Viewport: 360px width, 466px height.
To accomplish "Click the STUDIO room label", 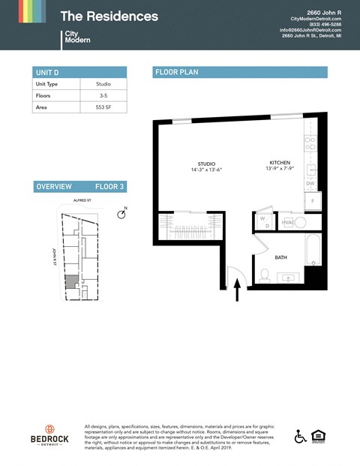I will click(x=206, y=164).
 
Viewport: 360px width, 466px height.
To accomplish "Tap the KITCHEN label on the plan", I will click(x=280, y=163).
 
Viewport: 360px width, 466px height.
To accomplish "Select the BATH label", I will click(x=280, y=257).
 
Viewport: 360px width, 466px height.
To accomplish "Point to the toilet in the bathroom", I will click(x=265, y=275).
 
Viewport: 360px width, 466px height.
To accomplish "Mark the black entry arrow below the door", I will click(x=238, y=290).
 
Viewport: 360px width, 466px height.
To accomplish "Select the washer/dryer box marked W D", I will click(x=263, y=221).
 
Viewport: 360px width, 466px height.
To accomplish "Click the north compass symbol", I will click(x=122, y=215).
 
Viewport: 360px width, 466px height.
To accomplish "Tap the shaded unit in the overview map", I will click(x=70, y=281).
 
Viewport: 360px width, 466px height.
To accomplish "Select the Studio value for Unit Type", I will click(x=103, y=84).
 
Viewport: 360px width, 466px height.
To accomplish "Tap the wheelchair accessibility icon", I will click(x=300, y=436).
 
